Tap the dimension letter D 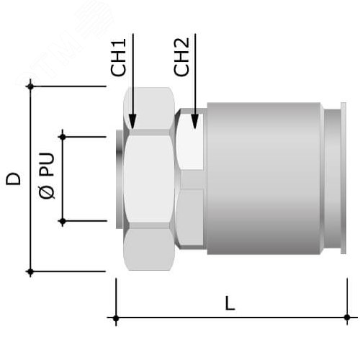point(13,179)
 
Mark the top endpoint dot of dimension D point(30,86)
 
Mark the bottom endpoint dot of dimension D point(30,272)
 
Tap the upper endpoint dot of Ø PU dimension point(63,136)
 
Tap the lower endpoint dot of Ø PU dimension point(63,222)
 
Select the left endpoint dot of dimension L point(115,318)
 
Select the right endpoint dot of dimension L point(347,318)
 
